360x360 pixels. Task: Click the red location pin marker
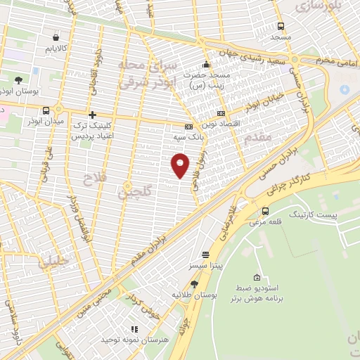tap(180, 165)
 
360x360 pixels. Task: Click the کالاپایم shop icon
tap(56, 37)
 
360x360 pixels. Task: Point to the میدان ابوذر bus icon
tap(46, 110)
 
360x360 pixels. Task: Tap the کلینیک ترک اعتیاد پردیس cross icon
tap(91, 115)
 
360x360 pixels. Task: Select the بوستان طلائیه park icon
tap(195, 284)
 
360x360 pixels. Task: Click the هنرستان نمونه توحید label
tap(132, 340)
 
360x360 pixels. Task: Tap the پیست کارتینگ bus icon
tap(265, 211)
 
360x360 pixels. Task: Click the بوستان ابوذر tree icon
tap(18, 80)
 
